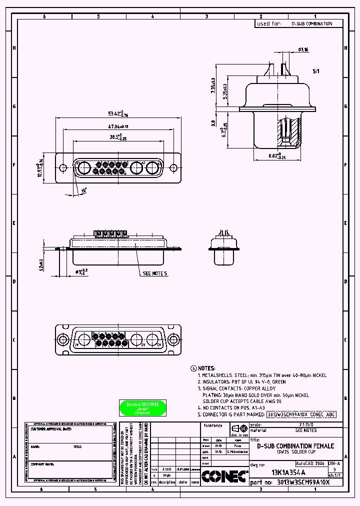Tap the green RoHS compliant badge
point(142,408)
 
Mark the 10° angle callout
point(83,190)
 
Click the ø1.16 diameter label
point(303,49)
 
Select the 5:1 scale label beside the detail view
point(316,71)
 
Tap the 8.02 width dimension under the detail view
point(272,156)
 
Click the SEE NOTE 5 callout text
point(155,274)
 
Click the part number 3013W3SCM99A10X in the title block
point(303,483)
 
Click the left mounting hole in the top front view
point(62,168)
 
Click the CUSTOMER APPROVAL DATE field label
point(51,429)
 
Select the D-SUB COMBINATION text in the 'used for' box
point(311,23)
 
